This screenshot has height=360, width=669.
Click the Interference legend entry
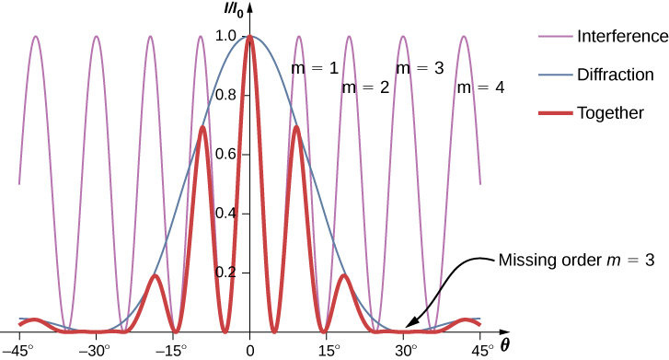621,37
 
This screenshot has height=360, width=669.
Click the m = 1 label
316,68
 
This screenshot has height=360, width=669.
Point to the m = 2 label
366,88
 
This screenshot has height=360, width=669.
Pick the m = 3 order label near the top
420,68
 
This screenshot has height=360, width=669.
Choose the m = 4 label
481,88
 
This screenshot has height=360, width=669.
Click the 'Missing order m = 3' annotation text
576,261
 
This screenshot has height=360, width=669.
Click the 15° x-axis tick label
328,350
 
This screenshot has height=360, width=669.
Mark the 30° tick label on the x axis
405,350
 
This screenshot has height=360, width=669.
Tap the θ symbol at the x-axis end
505,345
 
